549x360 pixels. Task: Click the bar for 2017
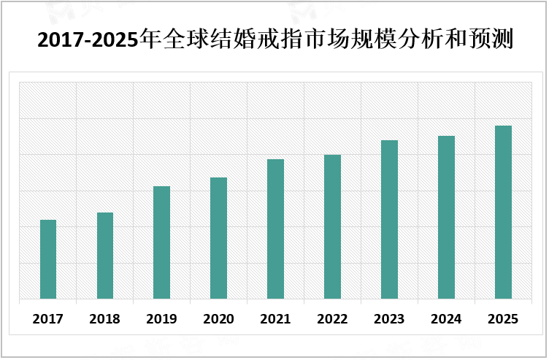[x=48, y=259]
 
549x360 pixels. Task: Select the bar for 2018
[x=105, y=256]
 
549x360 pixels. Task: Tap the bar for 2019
[x=161, y=242]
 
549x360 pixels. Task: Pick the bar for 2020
[x=218, y=238]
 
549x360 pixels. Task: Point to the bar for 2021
[x=275, y=229]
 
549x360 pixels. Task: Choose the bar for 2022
[x=332, y=226]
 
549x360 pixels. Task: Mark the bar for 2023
[x=389, y=219]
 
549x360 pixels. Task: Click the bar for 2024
[x=446, y=217]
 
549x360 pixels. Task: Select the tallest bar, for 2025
[x=503, y=212]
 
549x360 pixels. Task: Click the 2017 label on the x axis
[x=48, y=319]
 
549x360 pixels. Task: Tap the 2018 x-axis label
[x=105, y=319]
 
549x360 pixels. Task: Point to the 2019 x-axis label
[x=161, y=319]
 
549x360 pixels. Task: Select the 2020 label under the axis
[x=218, y=319]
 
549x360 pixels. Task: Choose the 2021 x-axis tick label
[x=275, y=319]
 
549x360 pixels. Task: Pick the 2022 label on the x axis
[x=332, y=319]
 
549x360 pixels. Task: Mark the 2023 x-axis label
[x=389, y=319]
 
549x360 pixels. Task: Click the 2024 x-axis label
[x=446, y=319]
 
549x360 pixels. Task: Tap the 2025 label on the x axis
[x=503, y=319]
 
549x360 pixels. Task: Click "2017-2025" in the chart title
[x=88, y=39]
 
